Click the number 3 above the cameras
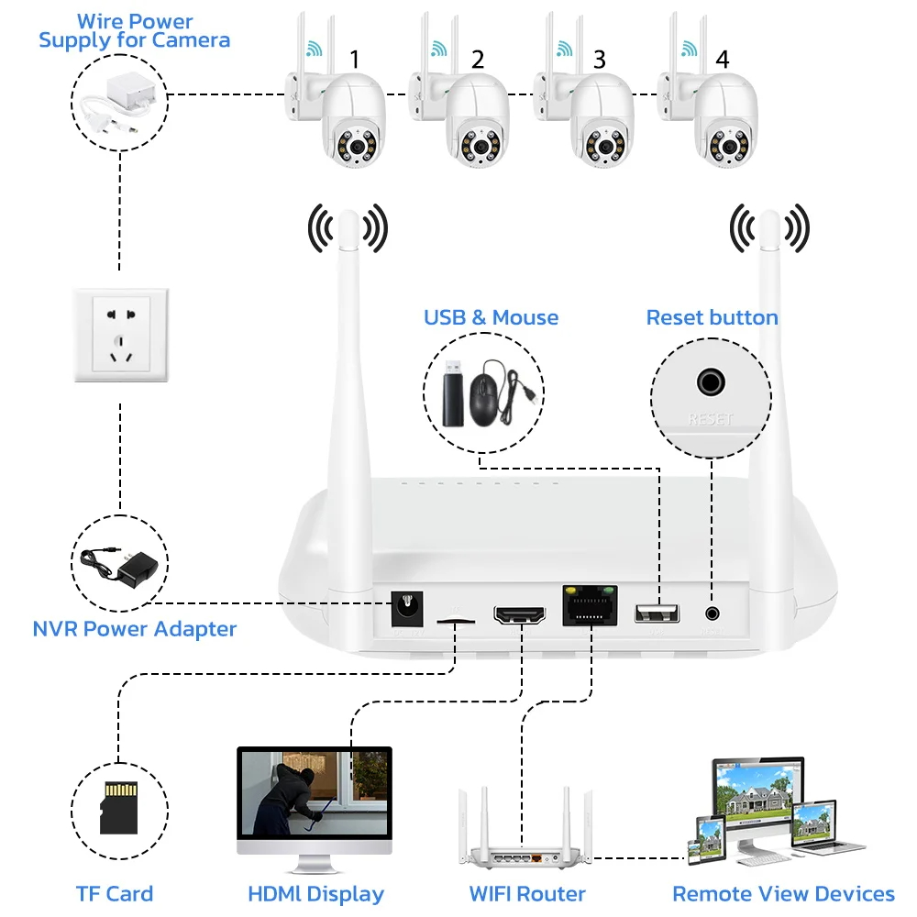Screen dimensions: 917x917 click(600, 60)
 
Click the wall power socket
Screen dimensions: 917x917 click(121, 335)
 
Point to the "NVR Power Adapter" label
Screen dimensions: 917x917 click(135, 629)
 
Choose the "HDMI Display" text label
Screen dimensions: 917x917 click(315, 894)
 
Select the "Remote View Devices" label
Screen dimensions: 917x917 click(783, 894)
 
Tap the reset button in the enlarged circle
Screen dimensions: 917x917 click(710, 381)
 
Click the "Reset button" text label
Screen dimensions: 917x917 click(712, 318)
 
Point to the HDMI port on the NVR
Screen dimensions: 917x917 click(519, 613)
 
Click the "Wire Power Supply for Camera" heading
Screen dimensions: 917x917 click(135, 30)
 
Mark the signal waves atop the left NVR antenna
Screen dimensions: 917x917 click(348, 228)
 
